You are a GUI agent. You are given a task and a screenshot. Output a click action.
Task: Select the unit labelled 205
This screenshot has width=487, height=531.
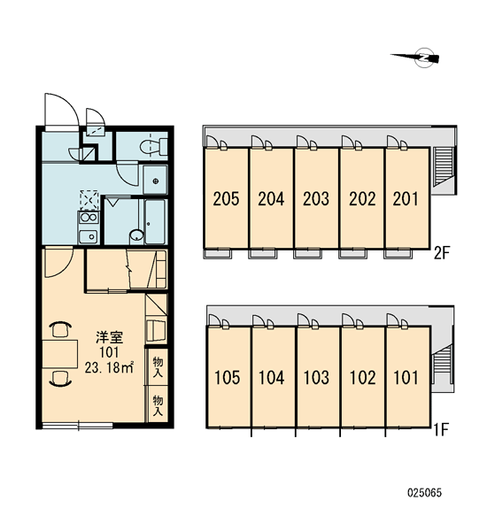click(x=226, y=199)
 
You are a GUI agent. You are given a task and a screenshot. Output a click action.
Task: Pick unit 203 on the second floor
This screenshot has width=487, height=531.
click(x=316, y=199)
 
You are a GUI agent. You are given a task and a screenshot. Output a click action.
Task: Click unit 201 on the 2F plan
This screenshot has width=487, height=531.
click(x=406, y=199)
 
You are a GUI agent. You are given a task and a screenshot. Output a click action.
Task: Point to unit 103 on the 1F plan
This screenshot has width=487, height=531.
click(x=317, y=377)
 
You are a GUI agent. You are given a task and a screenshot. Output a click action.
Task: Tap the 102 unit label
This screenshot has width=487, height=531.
click(x=362, y=378)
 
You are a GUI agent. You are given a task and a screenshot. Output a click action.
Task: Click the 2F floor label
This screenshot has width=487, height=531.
click(x=442, y=252)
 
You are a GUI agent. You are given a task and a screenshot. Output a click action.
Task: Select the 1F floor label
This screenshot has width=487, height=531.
click(x=442, y=430)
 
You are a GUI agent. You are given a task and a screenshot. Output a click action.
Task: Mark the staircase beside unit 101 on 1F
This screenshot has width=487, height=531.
click(x=444, y=365)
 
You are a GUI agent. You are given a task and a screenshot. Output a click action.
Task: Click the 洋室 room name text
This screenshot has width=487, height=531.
click(x=109, y=338)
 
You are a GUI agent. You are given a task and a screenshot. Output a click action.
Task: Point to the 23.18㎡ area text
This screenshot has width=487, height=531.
click(x=109, y=367)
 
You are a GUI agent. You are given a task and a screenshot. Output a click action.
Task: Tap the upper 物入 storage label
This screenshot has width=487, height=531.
click(x=158, y=366)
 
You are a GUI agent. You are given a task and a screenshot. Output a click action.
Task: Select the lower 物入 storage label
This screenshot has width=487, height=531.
click(x=158, y=405)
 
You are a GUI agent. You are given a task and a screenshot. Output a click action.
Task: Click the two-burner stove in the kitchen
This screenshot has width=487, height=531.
click(x=89, y=218)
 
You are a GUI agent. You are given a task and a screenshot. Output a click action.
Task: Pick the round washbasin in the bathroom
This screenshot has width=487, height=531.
click(x=137, y=235)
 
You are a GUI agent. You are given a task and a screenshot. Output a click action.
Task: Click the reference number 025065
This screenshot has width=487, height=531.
click(x=424, y=493)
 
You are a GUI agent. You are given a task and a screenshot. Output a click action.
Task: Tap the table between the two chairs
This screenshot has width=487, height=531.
click(x=60, y=354)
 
